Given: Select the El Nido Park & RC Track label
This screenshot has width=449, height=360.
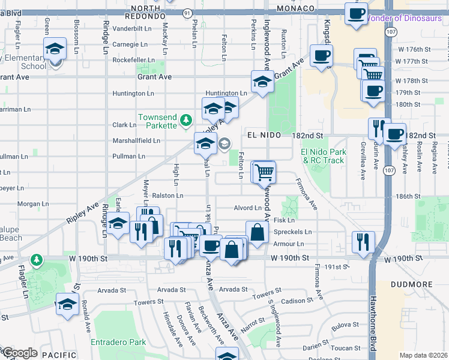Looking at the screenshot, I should coord(323,156).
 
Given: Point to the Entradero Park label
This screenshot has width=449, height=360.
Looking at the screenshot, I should coord(118,342).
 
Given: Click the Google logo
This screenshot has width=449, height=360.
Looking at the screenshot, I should coord(19,353).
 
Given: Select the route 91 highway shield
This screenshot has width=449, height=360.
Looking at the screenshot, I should coord(187,12).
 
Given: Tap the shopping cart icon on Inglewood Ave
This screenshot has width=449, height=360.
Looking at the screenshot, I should coord(264,173).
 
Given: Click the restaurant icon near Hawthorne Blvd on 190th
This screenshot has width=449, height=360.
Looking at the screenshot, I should coord(363,242).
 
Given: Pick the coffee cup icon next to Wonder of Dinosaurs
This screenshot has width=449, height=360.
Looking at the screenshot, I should coord(356,13).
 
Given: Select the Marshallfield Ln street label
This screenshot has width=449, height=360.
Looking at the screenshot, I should coord(136,141).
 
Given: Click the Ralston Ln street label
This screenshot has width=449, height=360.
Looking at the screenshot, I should coord(167,196).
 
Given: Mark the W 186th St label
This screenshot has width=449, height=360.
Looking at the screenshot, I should coord(408,196).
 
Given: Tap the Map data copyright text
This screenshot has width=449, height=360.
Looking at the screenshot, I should coord(424,355).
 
